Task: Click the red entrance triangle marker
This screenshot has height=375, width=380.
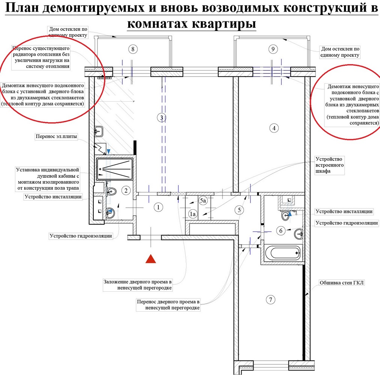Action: tap(151, 259)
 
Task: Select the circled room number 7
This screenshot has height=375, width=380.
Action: tap(271, 300)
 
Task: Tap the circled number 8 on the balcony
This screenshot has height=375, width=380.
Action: tap(133, 49)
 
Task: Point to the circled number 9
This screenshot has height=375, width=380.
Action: tap(273, 49)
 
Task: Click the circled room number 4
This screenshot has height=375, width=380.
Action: tap(274, 128)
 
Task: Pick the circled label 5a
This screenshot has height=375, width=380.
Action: tap(203, 201)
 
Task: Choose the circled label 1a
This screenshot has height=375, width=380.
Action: tap(193, 214)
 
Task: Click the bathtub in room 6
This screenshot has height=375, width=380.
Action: tap(282, 253)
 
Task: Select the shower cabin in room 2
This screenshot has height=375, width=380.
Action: tap(114, 168)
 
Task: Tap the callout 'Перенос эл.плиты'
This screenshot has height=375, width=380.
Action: tap(56, 136)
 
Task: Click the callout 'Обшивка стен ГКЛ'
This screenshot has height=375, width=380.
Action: tap(342, 283)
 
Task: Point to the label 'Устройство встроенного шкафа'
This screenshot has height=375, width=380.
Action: tap(330, 165)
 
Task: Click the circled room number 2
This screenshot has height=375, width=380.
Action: tap(126, 190)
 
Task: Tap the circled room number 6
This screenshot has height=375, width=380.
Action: tap(281, 230)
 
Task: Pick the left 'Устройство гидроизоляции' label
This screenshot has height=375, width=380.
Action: tap(81, 236)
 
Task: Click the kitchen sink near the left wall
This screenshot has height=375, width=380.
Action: tap(99, 131)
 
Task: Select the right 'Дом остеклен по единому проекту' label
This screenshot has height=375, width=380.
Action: tap(340, 52)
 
